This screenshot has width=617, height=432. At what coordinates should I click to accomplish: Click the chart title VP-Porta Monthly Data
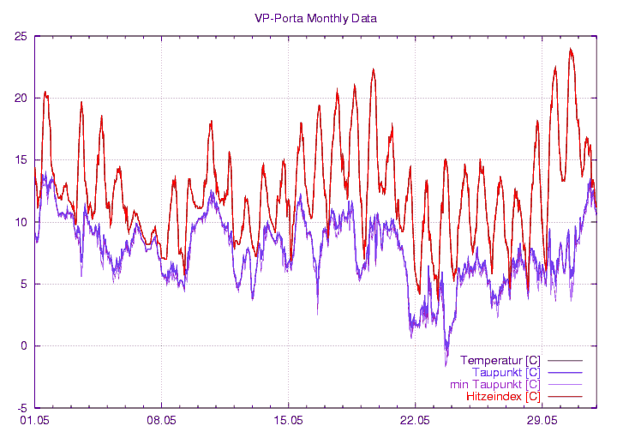(x=315, y=18)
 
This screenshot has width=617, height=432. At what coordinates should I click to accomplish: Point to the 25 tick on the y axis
(x=21, y=36)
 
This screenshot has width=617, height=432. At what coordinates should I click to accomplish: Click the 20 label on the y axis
(x=21, y=98)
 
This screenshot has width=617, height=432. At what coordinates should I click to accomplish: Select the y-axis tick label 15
(x=21, y=160)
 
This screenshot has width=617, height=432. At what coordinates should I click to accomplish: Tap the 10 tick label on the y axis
(x=21, y=222)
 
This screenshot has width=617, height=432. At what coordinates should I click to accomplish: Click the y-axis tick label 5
(x=24, y=284)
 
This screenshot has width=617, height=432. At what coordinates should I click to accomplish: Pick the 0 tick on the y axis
(x=24, y=346)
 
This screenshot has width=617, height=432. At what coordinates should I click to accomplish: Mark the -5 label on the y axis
(x=21, y=408)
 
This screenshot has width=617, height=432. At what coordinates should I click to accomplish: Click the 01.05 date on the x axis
(x=34, y=421)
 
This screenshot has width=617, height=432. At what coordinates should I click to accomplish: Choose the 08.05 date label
(x=161, y=421)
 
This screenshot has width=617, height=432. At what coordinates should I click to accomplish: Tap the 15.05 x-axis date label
(x=288, y=421)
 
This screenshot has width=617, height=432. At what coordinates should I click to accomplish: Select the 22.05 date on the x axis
(x=415, y=421)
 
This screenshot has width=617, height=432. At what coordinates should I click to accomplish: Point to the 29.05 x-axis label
(x=542, y=421)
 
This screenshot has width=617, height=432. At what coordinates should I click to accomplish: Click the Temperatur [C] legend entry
(x=500, y=360)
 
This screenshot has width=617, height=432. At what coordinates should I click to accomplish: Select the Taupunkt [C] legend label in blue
(x=506, y=372)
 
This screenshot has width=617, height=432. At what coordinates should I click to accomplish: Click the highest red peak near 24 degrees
(x=571, y=50)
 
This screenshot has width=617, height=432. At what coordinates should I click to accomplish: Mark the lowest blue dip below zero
(x=446, y=364)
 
